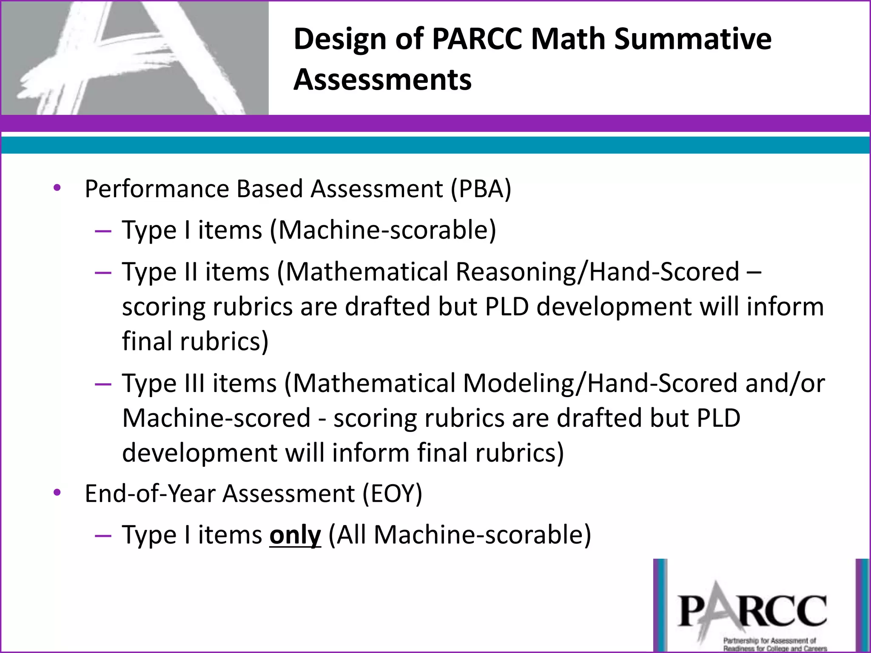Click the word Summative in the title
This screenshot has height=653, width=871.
pos(693,39)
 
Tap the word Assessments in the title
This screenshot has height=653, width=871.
pos(382,79)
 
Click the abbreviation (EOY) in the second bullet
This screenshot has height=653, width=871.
pos(392,494)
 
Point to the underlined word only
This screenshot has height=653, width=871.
pos(295,535)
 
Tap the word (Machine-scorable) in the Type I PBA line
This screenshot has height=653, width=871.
pos(383,230)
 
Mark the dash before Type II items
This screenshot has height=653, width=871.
pos(103,273)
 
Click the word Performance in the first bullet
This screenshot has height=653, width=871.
pos(157,189)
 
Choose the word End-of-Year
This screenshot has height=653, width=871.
pos(150,494)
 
